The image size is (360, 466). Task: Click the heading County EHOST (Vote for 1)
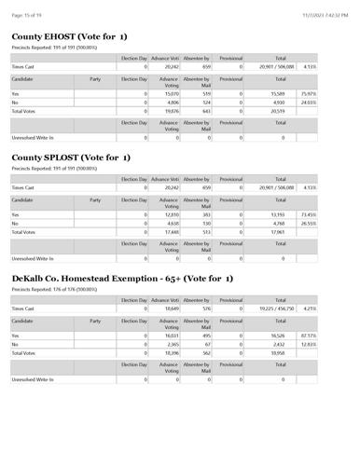coord(70,36)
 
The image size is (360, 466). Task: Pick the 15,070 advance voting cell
coord(168,93)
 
